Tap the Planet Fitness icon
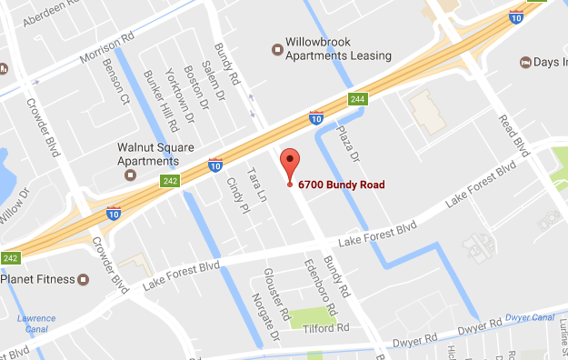click(x=83, y=279)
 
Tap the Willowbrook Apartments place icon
click(x=278, y=49)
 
